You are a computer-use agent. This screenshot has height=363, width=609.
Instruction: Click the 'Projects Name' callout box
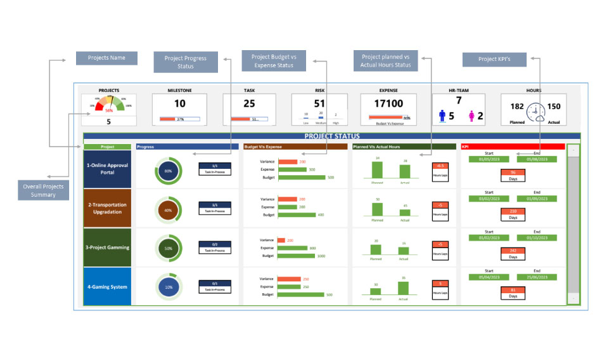(107, 58)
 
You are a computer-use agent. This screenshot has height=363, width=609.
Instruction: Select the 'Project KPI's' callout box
(494, 59)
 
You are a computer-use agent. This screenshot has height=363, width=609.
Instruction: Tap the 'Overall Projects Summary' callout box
(44, 190)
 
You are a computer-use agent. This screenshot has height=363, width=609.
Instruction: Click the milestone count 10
(180, 104)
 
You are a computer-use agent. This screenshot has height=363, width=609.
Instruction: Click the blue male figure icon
(442, 115)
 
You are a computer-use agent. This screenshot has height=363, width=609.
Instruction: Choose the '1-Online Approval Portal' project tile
(107, 169)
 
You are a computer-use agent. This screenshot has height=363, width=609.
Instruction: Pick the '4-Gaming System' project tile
(107, 286)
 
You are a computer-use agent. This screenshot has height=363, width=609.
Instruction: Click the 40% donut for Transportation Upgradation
(168, 210)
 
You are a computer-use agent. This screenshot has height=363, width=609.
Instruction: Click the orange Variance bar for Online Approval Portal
(288, 162)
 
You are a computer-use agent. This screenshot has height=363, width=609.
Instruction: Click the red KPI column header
(512, 147)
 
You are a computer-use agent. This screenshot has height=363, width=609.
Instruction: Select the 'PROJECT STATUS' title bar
(331, 136)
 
